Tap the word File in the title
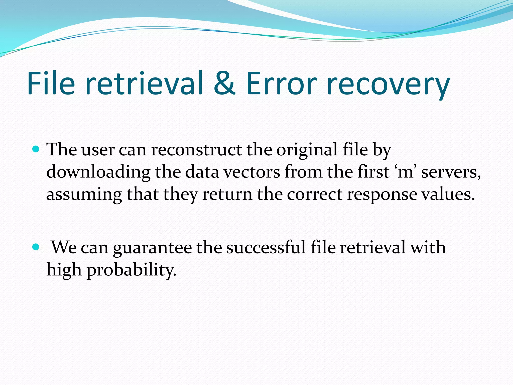pyautogui.click(x=51, y=83)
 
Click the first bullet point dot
pyautogui.click(x=36, y=150)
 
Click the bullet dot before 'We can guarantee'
pyautogui.click(x=36, y=247)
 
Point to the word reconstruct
pyautogui.click(x=197, y=150)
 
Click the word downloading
pyautogui.click(x=98, y=173)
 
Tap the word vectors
pyautogui.click(x=251, y=172)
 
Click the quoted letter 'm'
pyautogui.click(x=405, y=172)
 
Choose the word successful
pyautogui.click(x=266, y=247)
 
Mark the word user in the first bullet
pyautogui.click(x=98, y=150)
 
